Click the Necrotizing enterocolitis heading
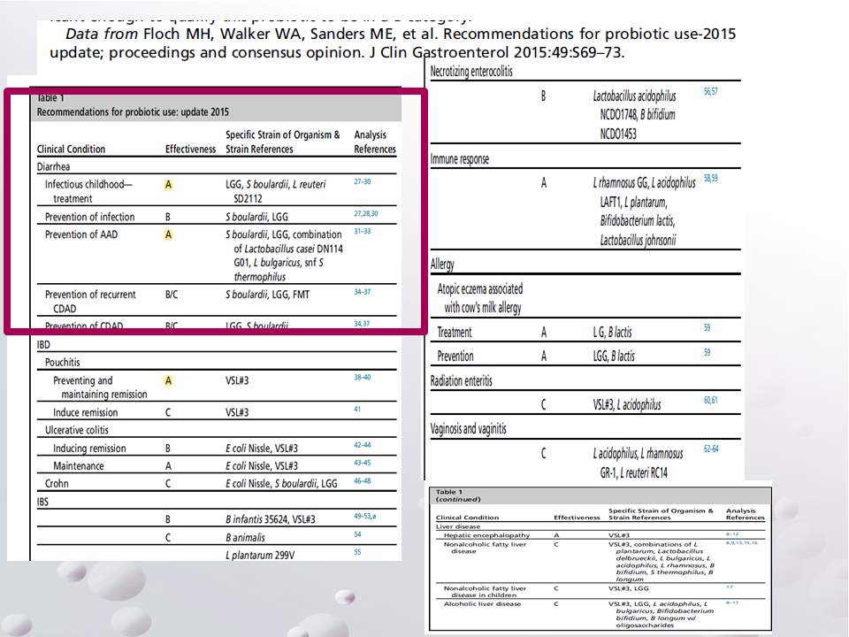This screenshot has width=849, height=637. [x=471, y=72]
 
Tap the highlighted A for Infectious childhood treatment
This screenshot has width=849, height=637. [x=168, y=185]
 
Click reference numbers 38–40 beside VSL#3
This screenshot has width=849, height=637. [x=363, y=378]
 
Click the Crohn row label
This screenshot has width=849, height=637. [x=57, y=484]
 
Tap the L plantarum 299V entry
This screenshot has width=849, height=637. [x=263, y=555]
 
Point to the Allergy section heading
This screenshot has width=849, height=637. [x=443, y=265]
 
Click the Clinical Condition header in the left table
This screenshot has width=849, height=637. [x=71, y=150]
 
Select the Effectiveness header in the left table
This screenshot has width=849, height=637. [x=190, y=150]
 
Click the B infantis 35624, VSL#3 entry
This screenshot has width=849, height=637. [x=270, y=519]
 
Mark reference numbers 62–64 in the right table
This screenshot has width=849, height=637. [x=711, y=449]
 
